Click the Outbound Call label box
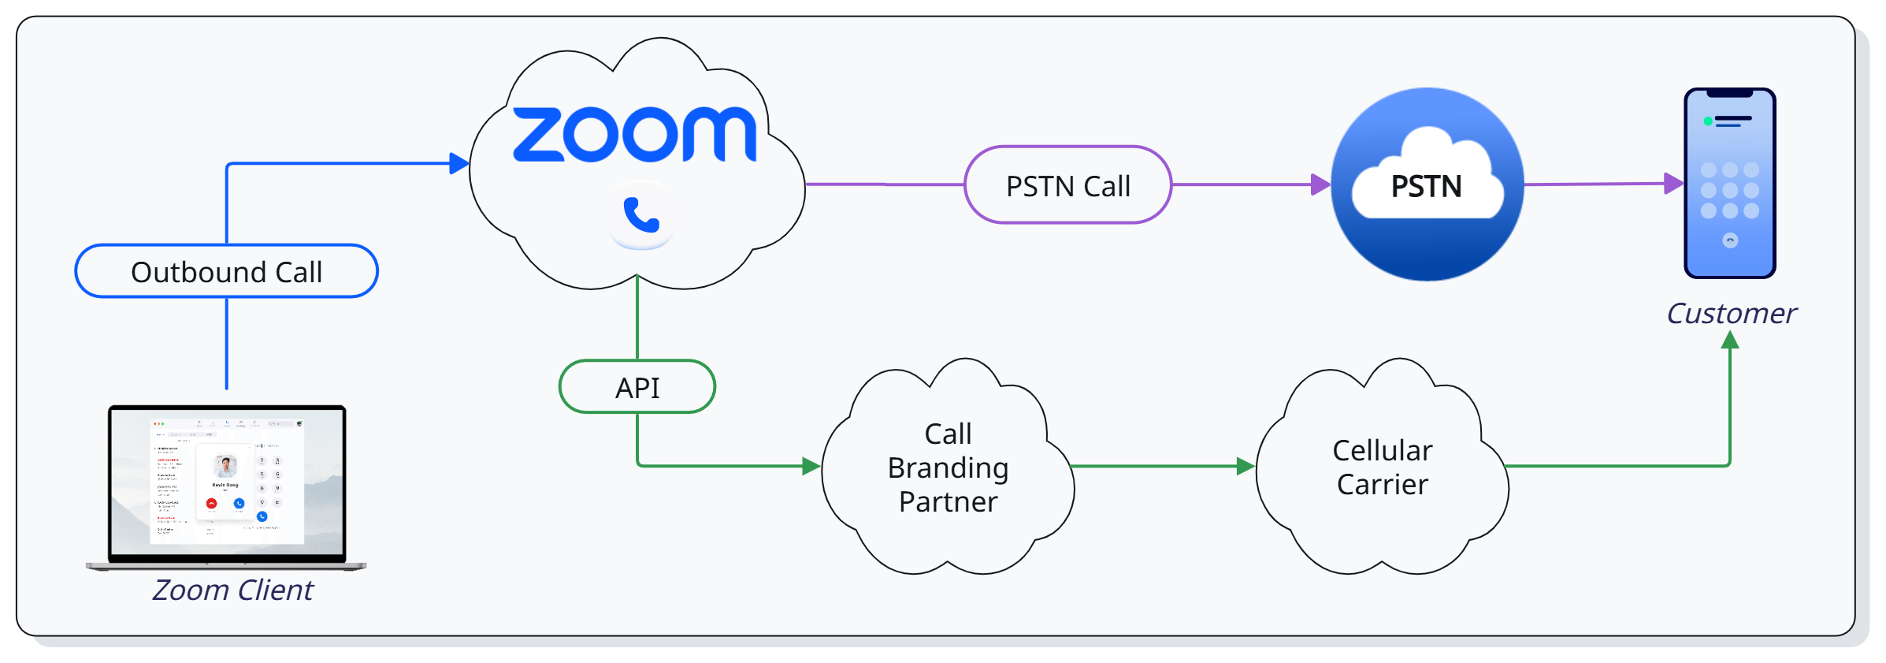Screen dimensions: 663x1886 tap(226, 271)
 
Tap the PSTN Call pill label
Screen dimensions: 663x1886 tap(1067, 185)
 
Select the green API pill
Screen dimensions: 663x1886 tap(637, 387)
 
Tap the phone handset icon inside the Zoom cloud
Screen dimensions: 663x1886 tap(641, 214)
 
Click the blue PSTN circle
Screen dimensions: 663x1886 tap(1427, 184)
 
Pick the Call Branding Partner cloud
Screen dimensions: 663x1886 tap(948, 467)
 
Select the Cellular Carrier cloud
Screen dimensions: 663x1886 tap(1382, 467)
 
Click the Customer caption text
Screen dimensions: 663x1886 tap(1731, 314)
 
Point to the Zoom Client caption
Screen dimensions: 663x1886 tap(232, 590)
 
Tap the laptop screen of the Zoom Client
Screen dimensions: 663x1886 tap(227, 482)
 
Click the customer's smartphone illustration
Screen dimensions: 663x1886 tap(1729, 183)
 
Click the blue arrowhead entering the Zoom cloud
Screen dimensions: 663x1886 tap(459, 164)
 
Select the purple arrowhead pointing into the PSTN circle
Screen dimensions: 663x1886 tap(1320, 184)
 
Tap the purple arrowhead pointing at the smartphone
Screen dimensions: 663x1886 tap(1673, 184)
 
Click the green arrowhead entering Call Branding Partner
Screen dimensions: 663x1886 tap(811, 466)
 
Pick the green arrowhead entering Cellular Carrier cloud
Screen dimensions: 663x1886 tap(1245, 466)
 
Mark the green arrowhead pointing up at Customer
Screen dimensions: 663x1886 tap(1730, 340)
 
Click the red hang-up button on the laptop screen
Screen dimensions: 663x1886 tap(211, 503)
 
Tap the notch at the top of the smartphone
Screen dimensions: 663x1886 tap(1729, 94)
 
